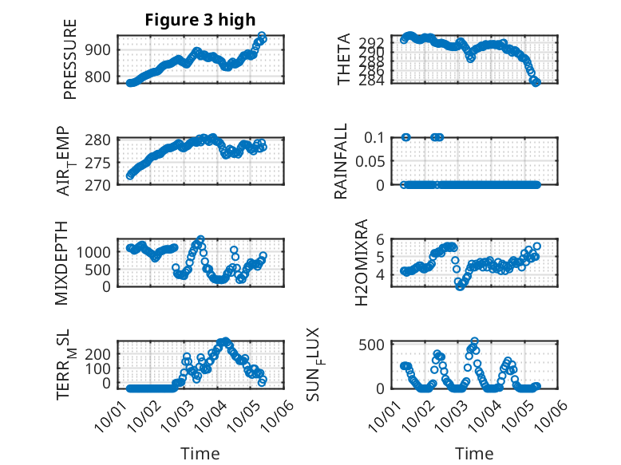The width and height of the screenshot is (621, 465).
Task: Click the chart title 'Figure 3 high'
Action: pyautogui.click(x=200, y=21)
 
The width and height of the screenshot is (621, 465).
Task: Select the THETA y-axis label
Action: pyautogui.click(x=344, y=59)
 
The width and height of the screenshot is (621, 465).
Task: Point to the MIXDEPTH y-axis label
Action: pyautogui.click(x=61, y=263)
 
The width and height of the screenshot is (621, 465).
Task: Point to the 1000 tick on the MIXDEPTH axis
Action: pyautogui.click(x=98, y=251)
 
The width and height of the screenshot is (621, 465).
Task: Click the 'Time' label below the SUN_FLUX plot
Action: pyautogui.click(x=474, y=453)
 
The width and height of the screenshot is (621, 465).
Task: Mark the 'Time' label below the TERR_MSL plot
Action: pyautogui.click(x=200, y=453)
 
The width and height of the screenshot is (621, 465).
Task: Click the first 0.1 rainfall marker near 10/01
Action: pyautogui.click(x=405, y=137)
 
